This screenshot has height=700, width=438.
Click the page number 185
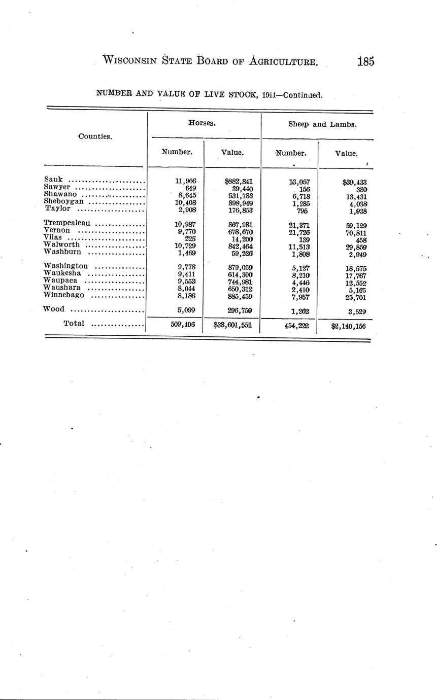[365, 62]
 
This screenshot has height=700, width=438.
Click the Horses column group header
[199, 123]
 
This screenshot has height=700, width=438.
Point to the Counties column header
[95, 136]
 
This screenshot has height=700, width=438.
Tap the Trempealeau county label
[67, 223]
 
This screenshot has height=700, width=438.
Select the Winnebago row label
[64, 295]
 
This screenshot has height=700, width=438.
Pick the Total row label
[74, 323]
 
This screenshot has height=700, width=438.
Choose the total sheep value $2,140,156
[348, 326]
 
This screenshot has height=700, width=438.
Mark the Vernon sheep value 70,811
[356, 233]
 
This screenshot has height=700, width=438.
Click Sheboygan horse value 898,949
[241, 203]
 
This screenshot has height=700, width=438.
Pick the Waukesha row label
[62, 273]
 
